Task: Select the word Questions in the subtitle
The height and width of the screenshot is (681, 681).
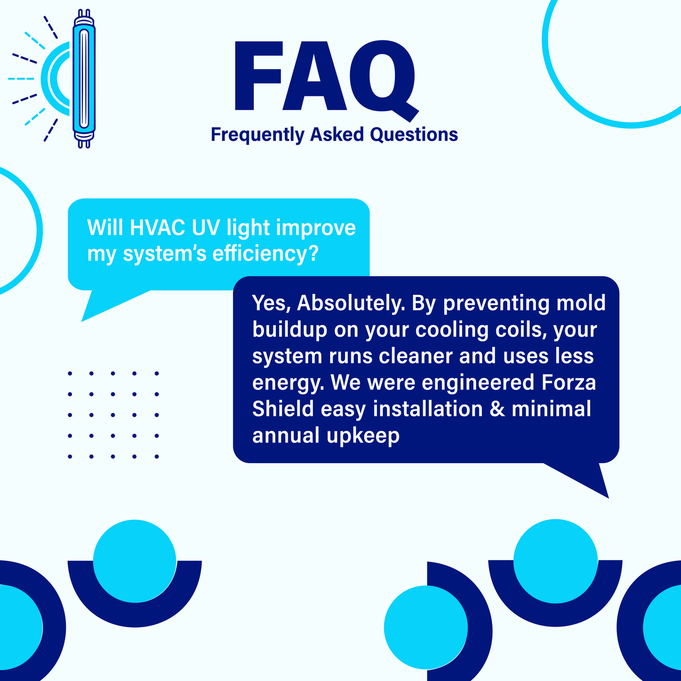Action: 414,134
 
